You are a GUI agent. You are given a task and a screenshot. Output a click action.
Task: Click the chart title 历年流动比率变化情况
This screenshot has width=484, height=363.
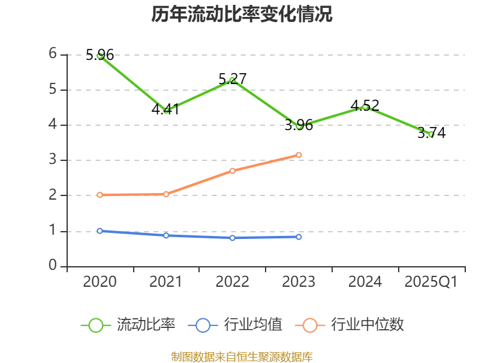click(242, 15)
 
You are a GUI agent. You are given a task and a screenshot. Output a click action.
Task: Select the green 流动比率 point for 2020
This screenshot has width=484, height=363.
click(100, 55)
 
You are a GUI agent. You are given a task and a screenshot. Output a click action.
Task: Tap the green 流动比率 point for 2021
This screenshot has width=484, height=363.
click(166, 110)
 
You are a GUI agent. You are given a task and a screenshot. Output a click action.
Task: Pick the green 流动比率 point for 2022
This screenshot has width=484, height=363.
click(232, 80)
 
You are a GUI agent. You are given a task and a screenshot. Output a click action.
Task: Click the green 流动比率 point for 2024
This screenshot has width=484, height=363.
click(365, 106)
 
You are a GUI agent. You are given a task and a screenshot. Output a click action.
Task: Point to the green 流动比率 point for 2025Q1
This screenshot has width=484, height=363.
click(431, 134)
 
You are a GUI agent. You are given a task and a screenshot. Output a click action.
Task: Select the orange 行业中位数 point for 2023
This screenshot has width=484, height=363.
click(299, 155)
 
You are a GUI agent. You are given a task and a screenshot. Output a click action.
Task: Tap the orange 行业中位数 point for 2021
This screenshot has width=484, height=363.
click(166, 194)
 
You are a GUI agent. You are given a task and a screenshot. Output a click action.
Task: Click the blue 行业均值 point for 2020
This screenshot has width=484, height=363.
click(100, 231)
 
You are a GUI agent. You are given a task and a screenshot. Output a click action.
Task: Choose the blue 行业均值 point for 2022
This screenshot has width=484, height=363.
click(232, 238)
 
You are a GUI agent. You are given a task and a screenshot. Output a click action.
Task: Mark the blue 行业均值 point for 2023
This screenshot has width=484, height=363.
click(299, 237)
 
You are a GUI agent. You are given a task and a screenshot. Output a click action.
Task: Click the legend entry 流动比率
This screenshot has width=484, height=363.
click(128, 325)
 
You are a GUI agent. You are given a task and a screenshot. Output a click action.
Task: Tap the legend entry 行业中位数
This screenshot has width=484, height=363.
click(350, 325)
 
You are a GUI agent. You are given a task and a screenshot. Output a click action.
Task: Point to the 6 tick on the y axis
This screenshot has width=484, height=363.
click(53, 54)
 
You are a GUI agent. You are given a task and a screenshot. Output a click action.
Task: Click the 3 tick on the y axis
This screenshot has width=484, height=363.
click(53, 160)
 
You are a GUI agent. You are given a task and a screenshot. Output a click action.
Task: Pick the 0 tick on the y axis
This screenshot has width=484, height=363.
click(53, 266)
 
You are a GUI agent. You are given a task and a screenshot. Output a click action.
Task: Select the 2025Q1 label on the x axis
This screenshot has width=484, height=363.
click(431, 282)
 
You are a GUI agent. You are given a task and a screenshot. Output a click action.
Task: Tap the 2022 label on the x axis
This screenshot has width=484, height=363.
click(232, 282)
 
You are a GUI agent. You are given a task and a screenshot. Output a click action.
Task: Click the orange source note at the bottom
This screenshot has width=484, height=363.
click(242, 357)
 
